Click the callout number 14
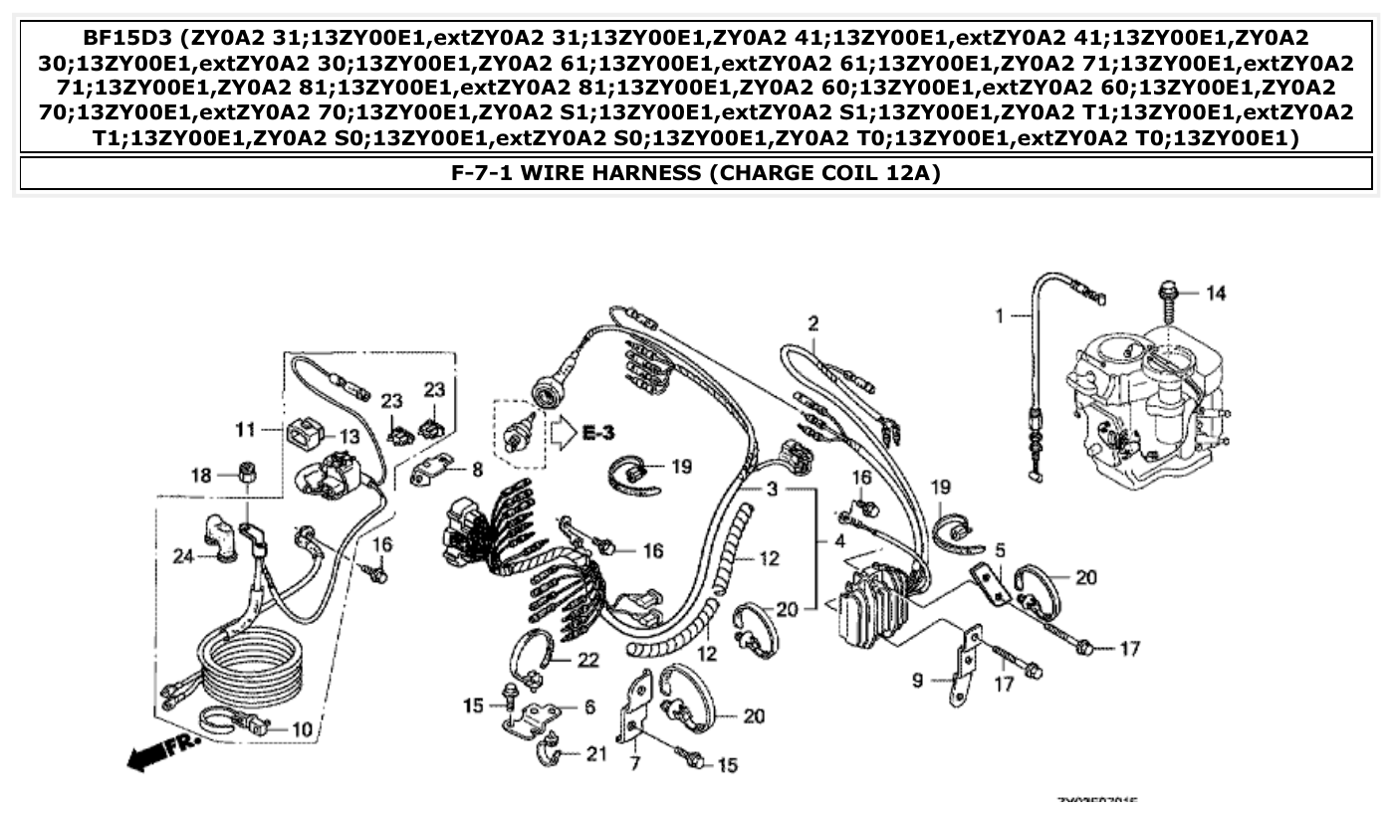pyautogui.click(x=1216, y=293)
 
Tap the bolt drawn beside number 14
pyautogui.click(x=1167, y=294)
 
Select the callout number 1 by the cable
pyautogui.click(x=999, y=315)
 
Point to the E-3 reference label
pyautogui.click(x=597, y=433)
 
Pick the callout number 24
pyautogui.click(x=182, y=557)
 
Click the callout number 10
pyautogui.click(x=301, y=729)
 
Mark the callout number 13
pyautogui.click(x=348, y=436)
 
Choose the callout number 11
pyautogui.click(x=245, y=430)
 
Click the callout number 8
pyautogui.click(x=477, y=468)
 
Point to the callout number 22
pyautogui.click(x=588, y=660)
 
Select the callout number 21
pyautogui.click(x=594, y=754)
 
